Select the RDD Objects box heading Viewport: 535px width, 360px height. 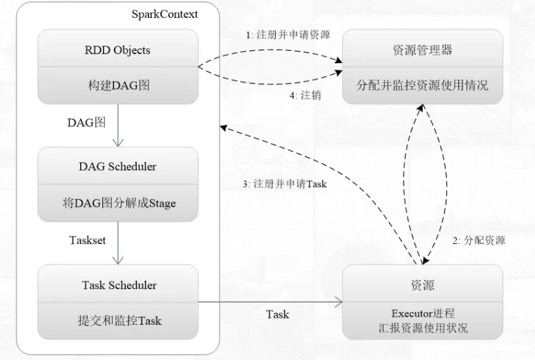tap(118, 50)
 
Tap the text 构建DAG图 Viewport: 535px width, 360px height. tap(118, 85)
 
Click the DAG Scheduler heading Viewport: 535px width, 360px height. tap(118, 166)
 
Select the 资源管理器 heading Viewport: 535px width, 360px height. tap(422, 50)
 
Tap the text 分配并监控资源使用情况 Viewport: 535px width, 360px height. tap(422, 85)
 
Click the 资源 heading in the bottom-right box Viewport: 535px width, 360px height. tap(423, 285)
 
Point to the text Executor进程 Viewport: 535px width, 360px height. tap(423, 313)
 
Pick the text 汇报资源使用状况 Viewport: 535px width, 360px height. tap(423, 327)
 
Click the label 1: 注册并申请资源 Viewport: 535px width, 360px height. tap(288, 35)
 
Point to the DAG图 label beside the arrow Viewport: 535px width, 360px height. tap(86, 122)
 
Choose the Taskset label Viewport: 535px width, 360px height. tap(87, 239)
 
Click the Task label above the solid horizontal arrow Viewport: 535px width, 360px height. tap(278, 314)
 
